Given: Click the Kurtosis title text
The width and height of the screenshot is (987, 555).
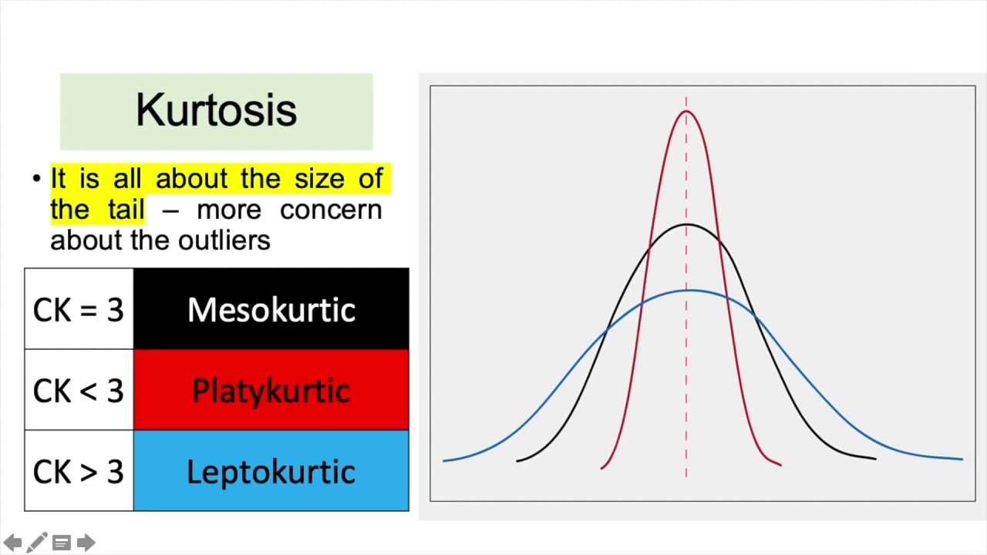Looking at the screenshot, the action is (217, 110).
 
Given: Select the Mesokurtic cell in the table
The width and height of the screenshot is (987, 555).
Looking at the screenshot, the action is (271, 309).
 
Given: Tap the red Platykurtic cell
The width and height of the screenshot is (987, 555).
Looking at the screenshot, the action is (271, 390).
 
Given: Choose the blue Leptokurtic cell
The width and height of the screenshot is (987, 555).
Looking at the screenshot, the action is (271, 471).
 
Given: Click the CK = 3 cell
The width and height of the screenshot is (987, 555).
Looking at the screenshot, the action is (79, 309).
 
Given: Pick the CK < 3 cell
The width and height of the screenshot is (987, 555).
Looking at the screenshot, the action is (79, 390).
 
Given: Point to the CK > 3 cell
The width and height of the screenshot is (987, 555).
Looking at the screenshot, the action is (79, 471).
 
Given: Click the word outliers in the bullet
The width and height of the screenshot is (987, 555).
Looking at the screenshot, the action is (224, 240).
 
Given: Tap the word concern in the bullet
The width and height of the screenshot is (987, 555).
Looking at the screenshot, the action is (332, 210).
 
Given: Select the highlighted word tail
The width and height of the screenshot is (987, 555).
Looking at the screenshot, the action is (126, 209).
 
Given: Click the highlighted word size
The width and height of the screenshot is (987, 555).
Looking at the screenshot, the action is (319, 178).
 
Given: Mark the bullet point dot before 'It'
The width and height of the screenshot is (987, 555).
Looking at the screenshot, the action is (37, 179).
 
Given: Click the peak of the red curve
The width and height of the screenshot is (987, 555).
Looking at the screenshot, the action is (686, 111).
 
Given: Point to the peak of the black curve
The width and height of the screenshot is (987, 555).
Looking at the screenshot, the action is (686, 224).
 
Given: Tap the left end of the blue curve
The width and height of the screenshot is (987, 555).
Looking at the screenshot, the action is (443, 461).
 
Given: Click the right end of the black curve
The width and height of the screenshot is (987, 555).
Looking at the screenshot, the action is (875, 459).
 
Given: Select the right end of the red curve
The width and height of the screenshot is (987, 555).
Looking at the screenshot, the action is (781, 465).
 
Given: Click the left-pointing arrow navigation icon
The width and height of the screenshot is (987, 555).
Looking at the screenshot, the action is (12, 542).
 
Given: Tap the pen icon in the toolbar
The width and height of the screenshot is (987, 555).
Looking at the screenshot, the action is (37, 542).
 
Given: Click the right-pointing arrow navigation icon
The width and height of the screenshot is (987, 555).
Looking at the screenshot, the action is (86, 542).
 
